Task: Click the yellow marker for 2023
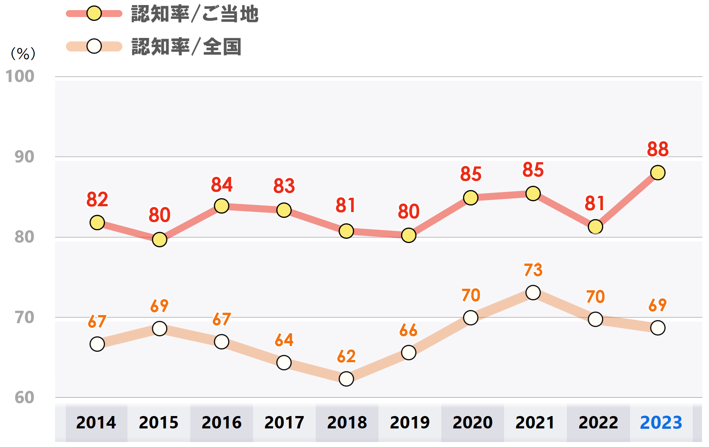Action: (x=657, y=173)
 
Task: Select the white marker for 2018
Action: (x=346, y=378)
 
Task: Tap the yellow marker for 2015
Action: (x=159, y=240)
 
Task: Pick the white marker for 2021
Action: (x=533, y=293)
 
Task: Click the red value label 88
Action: (x=657, y=149)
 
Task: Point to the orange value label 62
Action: (x=346, y=356)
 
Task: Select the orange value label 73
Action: (x=533, y=270)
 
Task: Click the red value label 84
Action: (x=222, y=185)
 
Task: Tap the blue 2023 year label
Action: (x=661, y=422)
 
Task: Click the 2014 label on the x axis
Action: (x=96, y=422)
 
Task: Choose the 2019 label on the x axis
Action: (x=410, y=422)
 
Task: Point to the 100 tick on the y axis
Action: (x=20, y=76)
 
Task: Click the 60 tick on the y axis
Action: (x=24, y=397)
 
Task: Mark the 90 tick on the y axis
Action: (x=24, y=157)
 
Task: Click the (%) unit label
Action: (x=23, y=53)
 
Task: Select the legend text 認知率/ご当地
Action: (x=194, y=14)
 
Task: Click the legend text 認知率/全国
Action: (x=186, y=47)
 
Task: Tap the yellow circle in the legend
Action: (x=94, y=14)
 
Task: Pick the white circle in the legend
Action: (x=94, y=46)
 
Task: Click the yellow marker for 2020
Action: (x=470, y=198)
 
